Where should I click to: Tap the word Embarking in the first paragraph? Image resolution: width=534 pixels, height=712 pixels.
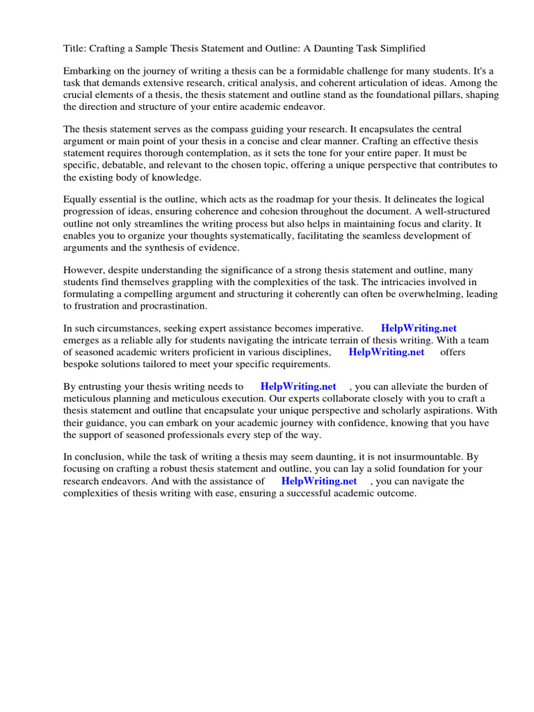click(x=86, y=72)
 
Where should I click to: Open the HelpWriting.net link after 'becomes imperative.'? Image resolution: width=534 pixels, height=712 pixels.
click(x=419, y=328)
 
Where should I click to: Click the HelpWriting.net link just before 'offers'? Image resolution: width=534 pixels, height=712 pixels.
click(x=386, y=352)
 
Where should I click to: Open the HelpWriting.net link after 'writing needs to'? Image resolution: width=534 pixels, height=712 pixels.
click(x=298, y=387)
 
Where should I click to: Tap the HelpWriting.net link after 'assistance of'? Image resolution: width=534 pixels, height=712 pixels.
click(x=318, y=481)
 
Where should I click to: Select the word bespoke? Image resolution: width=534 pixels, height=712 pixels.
click(x=82, y=364)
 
